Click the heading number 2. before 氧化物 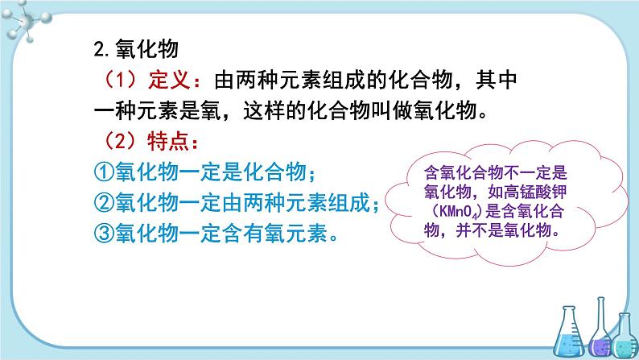(101, 50)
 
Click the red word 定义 (169, 80)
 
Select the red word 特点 (168, 142)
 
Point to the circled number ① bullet (104, 172)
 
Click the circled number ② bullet (104, 203)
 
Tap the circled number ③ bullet (104, 234)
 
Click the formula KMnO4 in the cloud (457, 212)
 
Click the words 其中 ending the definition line (497, 80)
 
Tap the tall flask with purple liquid (600, 326)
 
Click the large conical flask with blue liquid (569, 332)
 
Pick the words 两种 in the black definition (258, 80)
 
